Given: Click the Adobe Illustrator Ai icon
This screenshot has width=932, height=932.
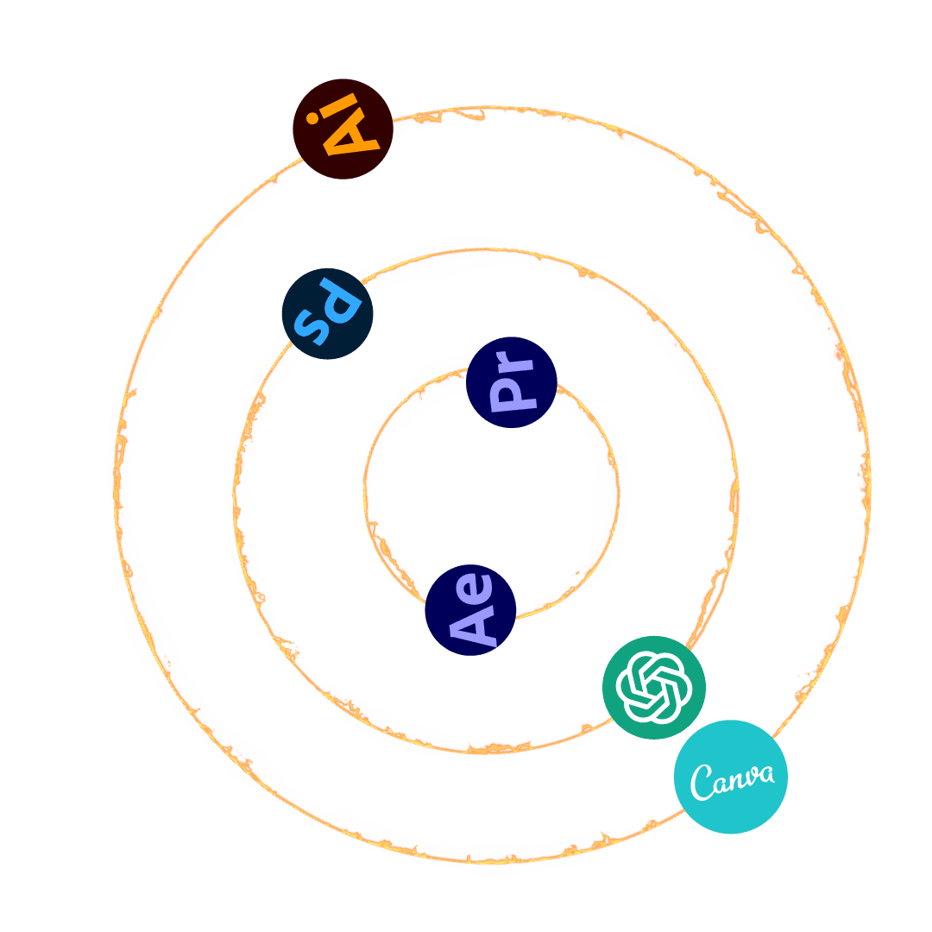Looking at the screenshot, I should pyautogui.click(x=343, y=129).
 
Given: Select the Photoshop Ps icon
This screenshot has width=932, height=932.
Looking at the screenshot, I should pyautogui.click(x=327, y=314).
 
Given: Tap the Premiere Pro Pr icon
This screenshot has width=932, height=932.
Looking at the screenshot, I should pyautogui.click(x=511, y=382).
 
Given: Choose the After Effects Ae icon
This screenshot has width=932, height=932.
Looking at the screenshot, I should pyautogui.click(x=470, y=610).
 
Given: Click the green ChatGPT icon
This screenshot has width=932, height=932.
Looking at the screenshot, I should pyautogui.click(x=654, y=688).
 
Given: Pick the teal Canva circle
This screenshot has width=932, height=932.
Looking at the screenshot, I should pyautogui.click(x=731, y=777).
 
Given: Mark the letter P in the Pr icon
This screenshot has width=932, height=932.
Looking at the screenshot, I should pyautogui.click(x=508, y=394).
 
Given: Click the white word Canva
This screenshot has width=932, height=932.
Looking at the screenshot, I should pyautogui.click(x=731, y=779).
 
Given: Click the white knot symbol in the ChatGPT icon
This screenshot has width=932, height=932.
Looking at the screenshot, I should pyautogui.click(x=654, y=688).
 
